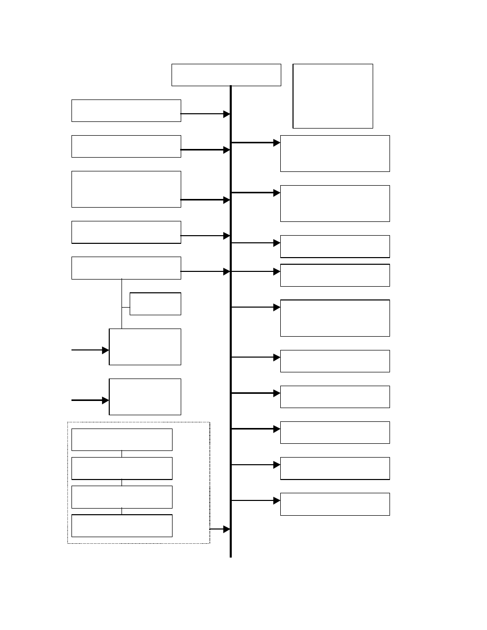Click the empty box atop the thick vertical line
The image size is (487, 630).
226,75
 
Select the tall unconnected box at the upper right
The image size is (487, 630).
333,96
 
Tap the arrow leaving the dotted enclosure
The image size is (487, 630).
220,530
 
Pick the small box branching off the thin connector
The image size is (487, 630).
155,304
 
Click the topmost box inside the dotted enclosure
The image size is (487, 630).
121,440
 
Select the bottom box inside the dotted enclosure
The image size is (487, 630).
121,526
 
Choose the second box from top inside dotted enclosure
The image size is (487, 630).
121,468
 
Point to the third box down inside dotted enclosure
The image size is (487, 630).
121,497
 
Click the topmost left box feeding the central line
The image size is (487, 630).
126,111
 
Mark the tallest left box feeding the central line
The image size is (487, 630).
126,189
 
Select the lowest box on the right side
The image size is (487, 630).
335,504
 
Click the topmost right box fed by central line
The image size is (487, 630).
335,154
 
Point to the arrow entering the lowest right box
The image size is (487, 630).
256,501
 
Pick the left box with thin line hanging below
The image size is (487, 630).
126,268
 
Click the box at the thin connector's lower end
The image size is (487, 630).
145,347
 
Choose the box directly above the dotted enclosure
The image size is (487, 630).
145,397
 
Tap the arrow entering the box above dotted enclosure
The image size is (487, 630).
90,400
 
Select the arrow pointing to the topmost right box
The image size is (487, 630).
256,143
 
